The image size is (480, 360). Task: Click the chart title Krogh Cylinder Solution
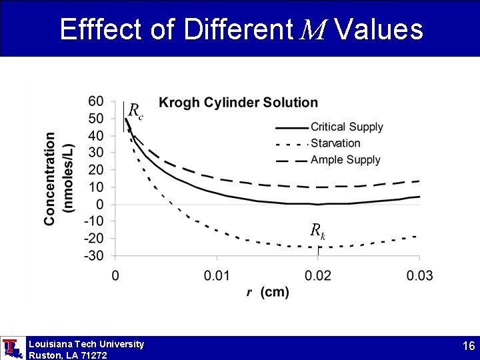coord(238,103)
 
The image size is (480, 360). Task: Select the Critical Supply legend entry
coord(347,127)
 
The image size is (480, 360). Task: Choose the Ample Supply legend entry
coord(345,159)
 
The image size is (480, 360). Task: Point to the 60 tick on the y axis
coord(96,101)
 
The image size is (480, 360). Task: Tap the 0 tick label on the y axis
coord(100,204)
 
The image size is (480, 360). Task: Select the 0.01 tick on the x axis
coord(217,275)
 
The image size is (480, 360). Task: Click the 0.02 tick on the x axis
coord(318,275)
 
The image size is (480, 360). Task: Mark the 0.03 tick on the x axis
coord(419,275)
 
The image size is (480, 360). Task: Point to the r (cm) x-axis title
coord(267,293)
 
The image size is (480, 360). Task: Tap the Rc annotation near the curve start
coord(135,110)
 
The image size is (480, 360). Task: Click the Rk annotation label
coord(317,231)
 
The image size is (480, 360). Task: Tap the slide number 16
coord(468,346)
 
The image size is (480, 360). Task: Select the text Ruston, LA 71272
coord(67,355)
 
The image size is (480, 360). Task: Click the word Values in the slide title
coord(379,29)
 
